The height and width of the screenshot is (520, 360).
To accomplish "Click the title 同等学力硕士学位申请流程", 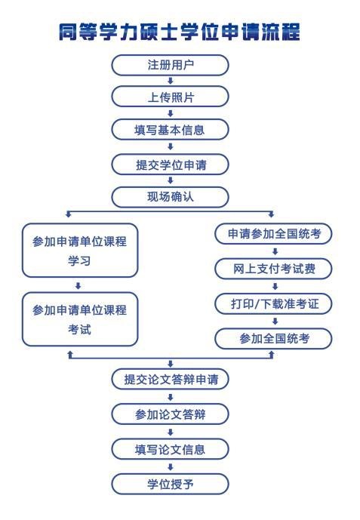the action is (x=180, y=32).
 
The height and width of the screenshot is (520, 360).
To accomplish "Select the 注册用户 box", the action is (x=170, y=65).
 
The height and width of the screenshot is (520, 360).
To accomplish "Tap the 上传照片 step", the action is (x=170, y=97).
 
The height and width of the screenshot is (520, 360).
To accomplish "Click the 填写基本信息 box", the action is (x=170, y=129).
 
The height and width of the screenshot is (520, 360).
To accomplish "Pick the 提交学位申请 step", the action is (x=170, y=165).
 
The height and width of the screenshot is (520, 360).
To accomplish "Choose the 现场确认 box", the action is (x=170, y=197).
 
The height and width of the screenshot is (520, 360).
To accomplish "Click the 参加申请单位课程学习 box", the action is (x=80, y=251).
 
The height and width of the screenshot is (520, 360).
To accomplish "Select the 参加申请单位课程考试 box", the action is (x=80, y=319).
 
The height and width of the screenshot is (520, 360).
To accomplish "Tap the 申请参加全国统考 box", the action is (x=273, y=233).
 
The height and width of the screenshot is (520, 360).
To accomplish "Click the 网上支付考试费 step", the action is (x=273, y=268).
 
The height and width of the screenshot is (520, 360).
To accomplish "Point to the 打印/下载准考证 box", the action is (x=273, y=303).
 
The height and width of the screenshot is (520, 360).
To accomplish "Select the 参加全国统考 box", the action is (x=273, y=338).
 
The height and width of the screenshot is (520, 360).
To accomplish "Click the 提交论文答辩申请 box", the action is (x=170, y=379).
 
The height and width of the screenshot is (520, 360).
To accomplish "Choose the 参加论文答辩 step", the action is (x=170, y=414).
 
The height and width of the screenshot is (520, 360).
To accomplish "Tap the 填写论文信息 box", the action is (x=170, y=449).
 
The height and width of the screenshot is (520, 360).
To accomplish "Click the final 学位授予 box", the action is (x=170, y=484).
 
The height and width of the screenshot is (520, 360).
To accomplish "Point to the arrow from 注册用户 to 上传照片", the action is (x=171, y=81).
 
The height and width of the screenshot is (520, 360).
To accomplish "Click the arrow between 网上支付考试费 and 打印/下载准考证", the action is (x=275, y=286).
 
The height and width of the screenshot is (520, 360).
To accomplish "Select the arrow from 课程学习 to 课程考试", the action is (x=78, y=285).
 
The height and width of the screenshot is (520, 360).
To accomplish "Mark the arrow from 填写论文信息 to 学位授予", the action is (x=171, y=467).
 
